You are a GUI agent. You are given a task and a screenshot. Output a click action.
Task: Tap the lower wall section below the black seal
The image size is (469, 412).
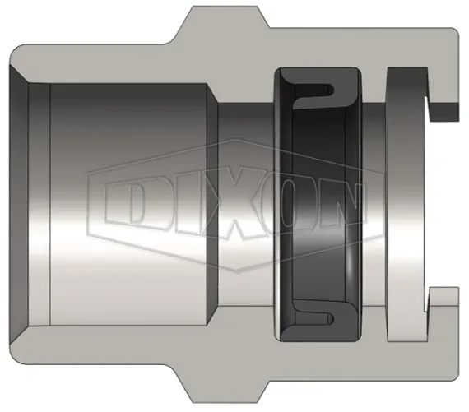click(x=321, y=358)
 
